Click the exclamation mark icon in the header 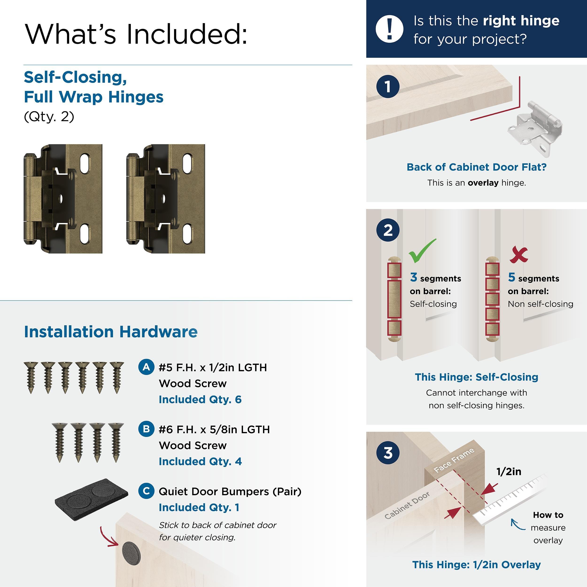[389, 29]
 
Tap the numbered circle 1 [388, 87]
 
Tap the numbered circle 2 [388, 230]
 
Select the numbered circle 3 [388, 453]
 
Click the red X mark [519, 255]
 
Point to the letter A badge [146, 367]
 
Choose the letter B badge [146, 429]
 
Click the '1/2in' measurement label [509, 471]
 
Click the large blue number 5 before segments [511, 277]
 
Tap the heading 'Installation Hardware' [111, 332]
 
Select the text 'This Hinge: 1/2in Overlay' [476, 564]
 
